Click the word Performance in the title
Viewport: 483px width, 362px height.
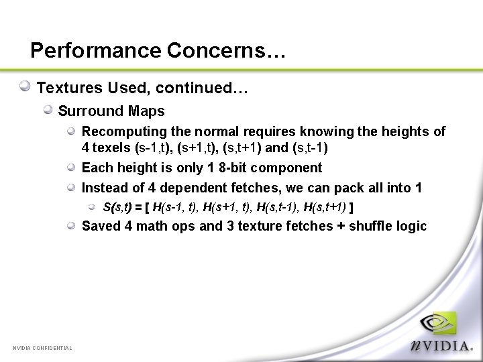point(96,51)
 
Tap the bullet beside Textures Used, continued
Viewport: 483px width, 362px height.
point(25,86)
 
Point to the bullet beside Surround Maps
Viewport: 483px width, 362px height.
point(49,109)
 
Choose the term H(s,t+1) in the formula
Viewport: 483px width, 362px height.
point(325,207)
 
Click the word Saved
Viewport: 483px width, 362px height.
point(101,226)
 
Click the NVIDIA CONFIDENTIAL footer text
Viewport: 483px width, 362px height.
point(42,347)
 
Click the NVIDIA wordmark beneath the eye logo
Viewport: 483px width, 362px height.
point(443,346)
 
